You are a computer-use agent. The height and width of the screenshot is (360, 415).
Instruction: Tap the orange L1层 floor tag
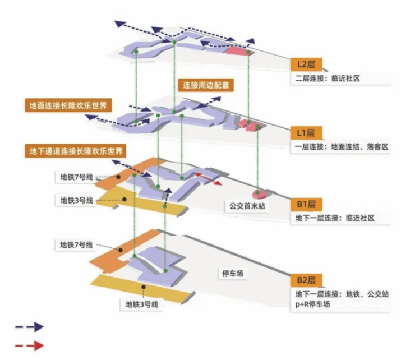(307, 133)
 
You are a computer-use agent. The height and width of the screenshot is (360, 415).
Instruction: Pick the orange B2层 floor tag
(307, 280)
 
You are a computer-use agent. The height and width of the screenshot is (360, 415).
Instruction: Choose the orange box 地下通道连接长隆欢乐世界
(75, 150)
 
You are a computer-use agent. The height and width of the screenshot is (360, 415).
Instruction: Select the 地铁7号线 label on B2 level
(76, 245)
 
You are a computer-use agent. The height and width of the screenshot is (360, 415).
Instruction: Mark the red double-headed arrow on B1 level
(208, 179)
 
